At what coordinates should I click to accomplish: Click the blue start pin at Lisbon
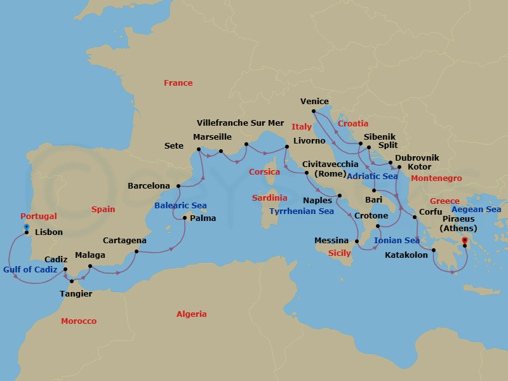[x=26, y=227]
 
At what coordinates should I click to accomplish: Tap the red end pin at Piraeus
[x=464, y=241]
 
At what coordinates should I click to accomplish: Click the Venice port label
[x=314, y=102]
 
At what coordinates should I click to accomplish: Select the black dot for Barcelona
[x=178, y=186]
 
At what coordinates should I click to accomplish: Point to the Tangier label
[x=76, y=293]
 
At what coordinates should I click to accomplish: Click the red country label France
[x=178, y=83]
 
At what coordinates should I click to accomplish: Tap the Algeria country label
[x=192, y=314]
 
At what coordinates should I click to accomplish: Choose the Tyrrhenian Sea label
[x=301, y=211]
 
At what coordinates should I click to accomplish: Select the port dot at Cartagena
[x=137, y=251]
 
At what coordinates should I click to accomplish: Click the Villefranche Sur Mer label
[x=241, y=123]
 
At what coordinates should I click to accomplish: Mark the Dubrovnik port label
[x=417, y=157]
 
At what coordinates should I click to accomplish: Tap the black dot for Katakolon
[x=434, y=250]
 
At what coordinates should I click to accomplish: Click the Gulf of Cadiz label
[x=30, y=269]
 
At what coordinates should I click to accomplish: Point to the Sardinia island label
[x=269, y=198]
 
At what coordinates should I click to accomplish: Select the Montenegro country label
[x=436, y=178]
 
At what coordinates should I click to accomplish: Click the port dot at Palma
[x=184, y=218]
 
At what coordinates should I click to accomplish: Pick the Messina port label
[x=331, y=241]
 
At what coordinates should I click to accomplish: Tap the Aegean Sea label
[x=476, y=210]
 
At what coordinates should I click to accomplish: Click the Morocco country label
[x=79, y=321]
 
